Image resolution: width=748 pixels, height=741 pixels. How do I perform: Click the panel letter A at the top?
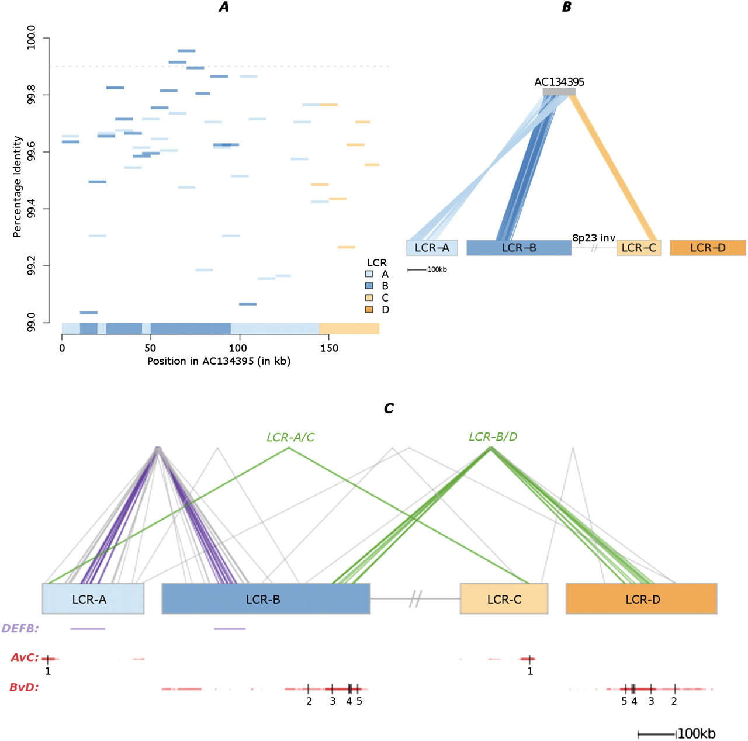224,7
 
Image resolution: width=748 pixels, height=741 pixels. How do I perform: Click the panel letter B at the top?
566,7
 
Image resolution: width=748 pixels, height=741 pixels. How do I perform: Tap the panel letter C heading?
389,408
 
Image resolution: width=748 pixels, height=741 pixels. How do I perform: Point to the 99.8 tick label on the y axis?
32,95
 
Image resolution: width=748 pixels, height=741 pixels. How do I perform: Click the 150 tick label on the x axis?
329,348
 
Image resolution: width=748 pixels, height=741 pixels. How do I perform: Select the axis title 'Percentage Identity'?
18,186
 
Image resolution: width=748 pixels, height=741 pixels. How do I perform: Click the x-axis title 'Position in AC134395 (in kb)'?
219,361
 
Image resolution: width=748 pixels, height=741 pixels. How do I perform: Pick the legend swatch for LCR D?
369,309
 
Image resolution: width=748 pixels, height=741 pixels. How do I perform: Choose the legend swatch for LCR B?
369,286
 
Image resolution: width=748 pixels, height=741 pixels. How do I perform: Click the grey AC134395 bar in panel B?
559,92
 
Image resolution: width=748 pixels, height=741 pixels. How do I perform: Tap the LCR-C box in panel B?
639,248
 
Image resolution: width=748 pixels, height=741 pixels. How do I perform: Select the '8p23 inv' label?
594,238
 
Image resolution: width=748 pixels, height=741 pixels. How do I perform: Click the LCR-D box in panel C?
641,599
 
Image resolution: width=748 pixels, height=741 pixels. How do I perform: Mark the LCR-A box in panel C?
92,599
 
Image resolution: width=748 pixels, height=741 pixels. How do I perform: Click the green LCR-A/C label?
290,437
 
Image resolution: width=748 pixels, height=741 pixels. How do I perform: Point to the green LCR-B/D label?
493,437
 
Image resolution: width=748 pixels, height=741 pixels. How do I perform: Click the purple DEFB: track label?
20,628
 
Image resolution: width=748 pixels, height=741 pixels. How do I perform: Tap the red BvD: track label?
24,687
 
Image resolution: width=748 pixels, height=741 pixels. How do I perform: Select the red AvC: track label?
25,657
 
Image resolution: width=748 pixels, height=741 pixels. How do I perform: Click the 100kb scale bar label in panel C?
697,733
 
